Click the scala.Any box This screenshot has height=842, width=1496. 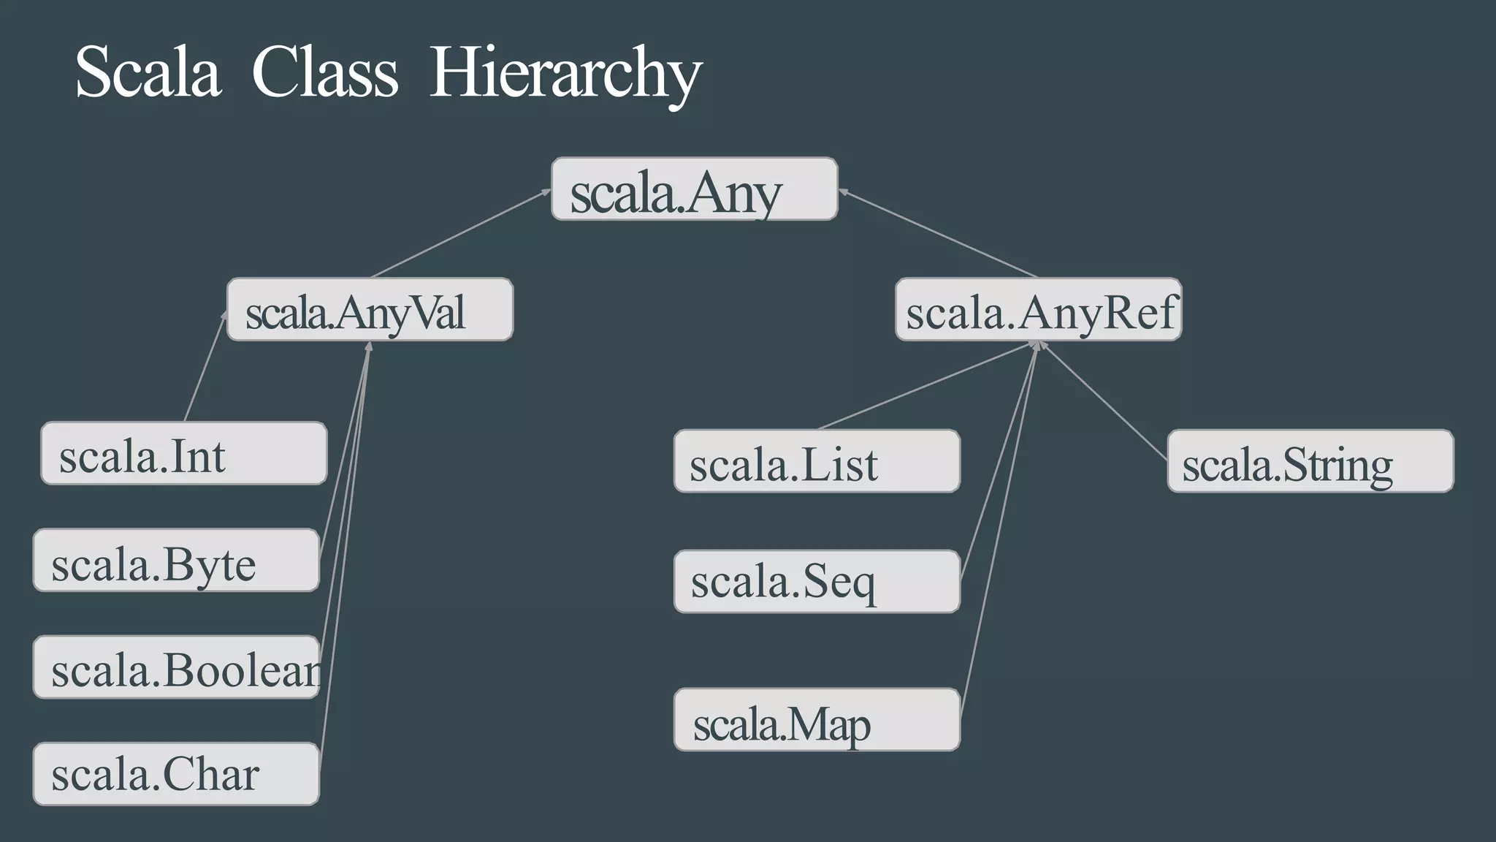[x=694, y=189]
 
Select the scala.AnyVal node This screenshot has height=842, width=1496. [x=370, y=309]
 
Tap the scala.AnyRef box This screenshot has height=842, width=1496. [x=1038, y=309]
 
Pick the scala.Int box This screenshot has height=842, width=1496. [x=183, y=453]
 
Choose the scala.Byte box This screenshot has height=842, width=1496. [x=176, y=560]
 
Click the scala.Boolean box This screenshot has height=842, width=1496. [x=176, y=667]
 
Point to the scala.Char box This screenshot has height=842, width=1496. [x=176, y=774]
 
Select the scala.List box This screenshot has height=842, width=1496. [x=817, y=461]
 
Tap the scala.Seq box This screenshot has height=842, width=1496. [x=817, y=581]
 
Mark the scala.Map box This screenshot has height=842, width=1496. [x=817, y=719]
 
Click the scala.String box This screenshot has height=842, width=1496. [x=1310, y=461]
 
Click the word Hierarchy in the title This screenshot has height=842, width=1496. [x=565, y=73]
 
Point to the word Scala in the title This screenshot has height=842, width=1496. [x=148, y=73]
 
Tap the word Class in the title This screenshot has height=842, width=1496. [x=325, y=73]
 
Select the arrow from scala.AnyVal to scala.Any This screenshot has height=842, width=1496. [x=460, y=234]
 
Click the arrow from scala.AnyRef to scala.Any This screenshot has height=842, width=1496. [x=939, y=234]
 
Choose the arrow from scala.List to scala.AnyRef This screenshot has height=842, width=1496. [x=924, y=385]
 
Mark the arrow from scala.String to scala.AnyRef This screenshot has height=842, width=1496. [x=1103, y=400]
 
